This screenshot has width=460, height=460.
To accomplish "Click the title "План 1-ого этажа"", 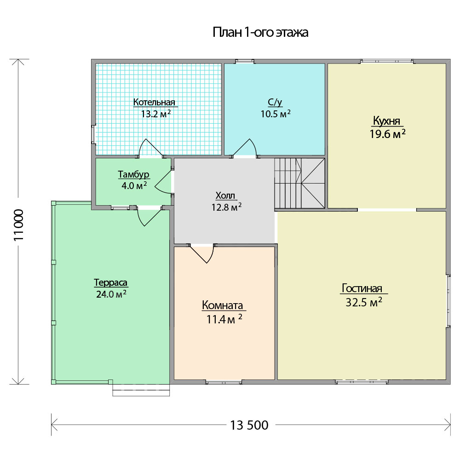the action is [x=260, y=32].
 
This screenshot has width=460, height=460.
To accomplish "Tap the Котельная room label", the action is [x=154, y=102].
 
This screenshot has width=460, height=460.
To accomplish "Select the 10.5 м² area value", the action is [x=276, y=114].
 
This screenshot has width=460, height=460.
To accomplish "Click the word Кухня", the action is [x=387, y=121].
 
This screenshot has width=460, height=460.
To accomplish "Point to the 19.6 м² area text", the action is [x=387, y=134].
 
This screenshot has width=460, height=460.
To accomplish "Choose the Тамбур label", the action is [x=133, y=174].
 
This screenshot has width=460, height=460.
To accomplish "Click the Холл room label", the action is [x=225, y=195].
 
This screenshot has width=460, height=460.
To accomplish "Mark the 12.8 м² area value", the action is [x=226, y=207].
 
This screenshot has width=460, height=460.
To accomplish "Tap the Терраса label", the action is [x=110, y=282].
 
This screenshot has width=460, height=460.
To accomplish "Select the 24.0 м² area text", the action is [x=111, y=294].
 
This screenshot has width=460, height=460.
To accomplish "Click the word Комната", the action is [x=222, y=305].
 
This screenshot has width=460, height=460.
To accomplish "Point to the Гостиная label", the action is [x=362, y=288].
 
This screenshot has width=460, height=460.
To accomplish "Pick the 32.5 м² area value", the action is [x=364, y=302].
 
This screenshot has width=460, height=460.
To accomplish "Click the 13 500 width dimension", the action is [x=249, y=425].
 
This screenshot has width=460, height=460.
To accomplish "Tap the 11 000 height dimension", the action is [x=18, y=225].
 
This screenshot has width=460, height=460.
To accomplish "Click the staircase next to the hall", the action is [x=300, y=184].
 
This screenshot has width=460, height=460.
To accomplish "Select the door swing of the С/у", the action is [x=246, y=148].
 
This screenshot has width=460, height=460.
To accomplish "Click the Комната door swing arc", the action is [x=202, y=254].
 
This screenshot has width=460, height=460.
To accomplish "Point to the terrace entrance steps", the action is [x=141, y=390].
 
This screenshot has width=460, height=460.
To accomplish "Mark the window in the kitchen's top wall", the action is [x=387, y=61].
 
